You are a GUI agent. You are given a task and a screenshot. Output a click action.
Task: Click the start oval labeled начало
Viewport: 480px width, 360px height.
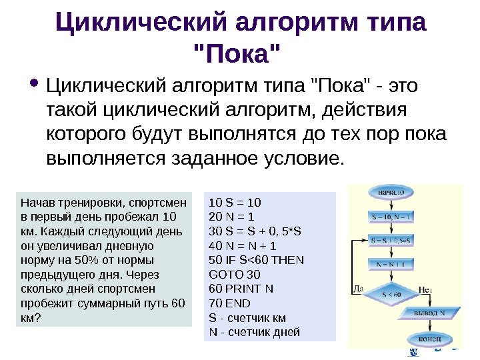click(x=391, y=192)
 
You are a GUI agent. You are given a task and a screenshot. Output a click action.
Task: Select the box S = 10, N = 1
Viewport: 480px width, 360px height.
click(x=391, y=217)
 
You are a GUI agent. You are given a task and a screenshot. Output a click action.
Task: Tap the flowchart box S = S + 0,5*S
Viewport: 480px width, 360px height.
click(x=391, y=239)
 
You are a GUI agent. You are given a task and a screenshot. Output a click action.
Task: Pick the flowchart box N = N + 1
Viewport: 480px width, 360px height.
click(x=391, y=263)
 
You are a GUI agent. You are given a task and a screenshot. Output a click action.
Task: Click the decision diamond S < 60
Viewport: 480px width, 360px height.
click(x=391, y=292)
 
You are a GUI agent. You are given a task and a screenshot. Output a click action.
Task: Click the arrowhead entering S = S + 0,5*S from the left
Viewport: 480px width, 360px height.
click(x=366, y=239)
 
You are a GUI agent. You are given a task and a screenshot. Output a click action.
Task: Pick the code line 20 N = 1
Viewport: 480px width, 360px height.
click(x=232, y=217)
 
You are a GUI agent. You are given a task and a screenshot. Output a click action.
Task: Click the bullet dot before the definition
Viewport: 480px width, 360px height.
click(x=33, y=85)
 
